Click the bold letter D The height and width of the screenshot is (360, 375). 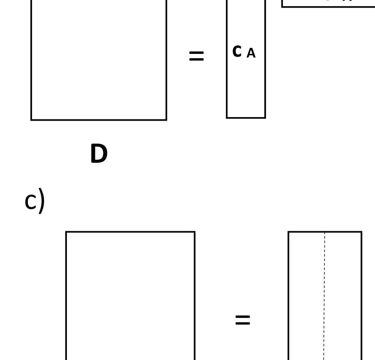pos(99,154)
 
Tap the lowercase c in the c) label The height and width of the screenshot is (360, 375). pos(30,202)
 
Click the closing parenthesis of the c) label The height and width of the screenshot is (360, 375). pos(41,201)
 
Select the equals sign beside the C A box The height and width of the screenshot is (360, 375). pos(197,56)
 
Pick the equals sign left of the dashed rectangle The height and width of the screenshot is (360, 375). pos(242,320)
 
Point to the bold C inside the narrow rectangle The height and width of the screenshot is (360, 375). pos(237,51)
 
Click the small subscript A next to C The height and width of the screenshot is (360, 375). pos(251,53)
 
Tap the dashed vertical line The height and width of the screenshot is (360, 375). pos(324,296)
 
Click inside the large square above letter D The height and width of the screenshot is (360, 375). pos(99,61)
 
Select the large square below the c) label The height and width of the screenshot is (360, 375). pos(130,296)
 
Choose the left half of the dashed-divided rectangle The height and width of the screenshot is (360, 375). pos(306,296)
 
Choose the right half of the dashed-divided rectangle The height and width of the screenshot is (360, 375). pos(343,296)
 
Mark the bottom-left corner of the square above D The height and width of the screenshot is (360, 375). pos(31,120)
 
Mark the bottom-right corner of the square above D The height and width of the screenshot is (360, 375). pos(166,120)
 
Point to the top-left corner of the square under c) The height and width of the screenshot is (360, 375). pos(66,232)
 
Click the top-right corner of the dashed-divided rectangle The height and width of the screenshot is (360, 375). pos(361,232)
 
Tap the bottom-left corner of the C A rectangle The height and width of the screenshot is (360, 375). pos(227,118)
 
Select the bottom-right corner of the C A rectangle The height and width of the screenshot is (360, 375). pos(265,118)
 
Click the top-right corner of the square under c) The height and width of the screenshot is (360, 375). pos(195,232)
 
